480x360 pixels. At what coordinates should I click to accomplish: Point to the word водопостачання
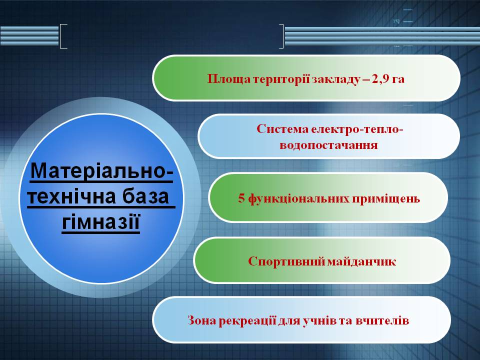point(328,145)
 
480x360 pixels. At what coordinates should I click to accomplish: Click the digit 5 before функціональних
point(240,198)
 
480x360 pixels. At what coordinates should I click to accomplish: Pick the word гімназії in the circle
point(100,221)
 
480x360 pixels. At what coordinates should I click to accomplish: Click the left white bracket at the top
point(62,36)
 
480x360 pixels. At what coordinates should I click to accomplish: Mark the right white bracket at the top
point(281,36)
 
